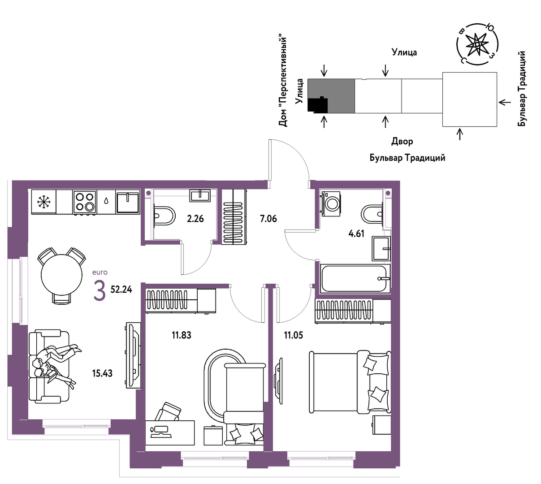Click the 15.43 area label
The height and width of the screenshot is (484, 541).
(x=102, y=373)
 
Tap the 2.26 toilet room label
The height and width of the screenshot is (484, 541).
(x=195, y=219)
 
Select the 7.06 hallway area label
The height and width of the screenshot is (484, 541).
(x=268, y=219)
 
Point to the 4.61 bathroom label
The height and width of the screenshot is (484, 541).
(x=356, y=233)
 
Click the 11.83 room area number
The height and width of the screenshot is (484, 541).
(x=182, y=335)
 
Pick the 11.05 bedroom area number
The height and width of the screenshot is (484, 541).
(x=294, y=335)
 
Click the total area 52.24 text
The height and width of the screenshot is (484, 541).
(x=121, y=290)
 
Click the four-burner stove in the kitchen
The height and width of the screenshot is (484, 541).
(x=84, y=202)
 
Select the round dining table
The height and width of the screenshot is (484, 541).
(x=62, y=274)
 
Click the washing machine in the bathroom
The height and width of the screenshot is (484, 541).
(x=331, y=203)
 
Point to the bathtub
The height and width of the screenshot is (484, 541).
(x=355, y=278)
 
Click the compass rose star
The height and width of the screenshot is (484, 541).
(x=477, y=44)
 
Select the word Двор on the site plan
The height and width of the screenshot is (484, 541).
(x=402, y=141)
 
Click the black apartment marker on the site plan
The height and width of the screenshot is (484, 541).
(x=317, y=104)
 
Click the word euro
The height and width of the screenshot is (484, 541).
(x=100, y=272)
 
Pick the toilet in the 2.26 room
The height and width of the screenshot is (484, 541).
(x=164, y=216)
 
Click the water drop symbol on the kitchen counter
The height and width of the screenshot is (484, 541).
(x=106, y=201)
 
